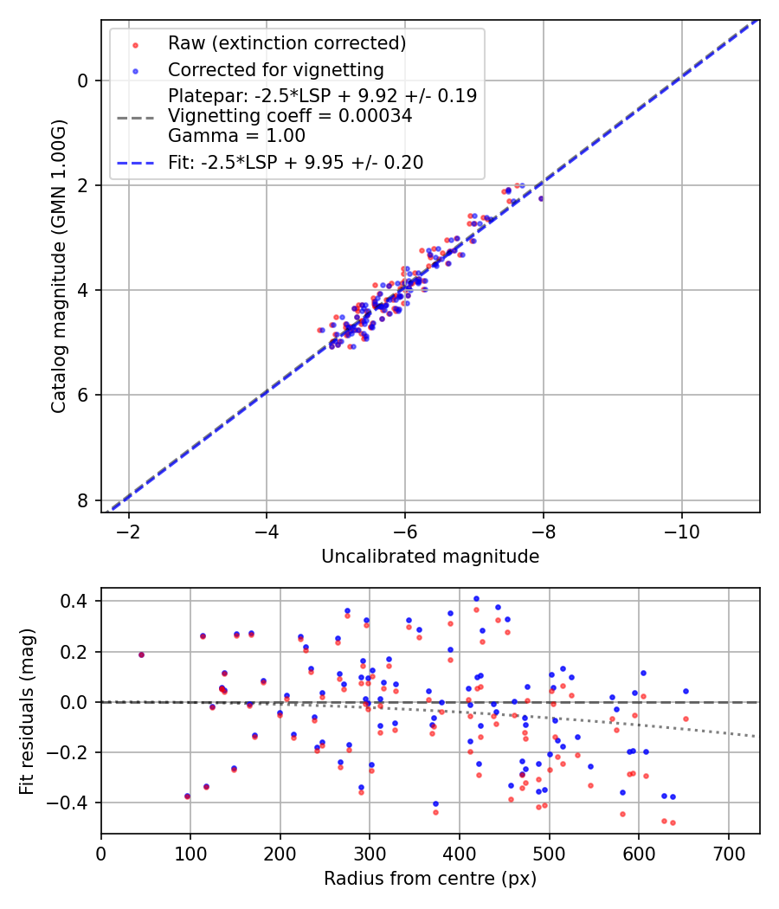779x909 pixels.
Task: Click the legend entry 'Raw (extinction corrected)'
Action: (x=286, y=43)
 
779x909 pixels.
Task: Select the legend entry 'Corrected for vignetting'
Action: (x=276, y=69)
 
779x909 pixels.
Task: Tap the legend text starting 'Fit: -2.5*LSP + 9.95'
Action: (x=296, y=162)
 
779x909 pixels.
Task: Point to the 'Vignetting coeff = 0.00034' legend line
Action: (x=290, y=115)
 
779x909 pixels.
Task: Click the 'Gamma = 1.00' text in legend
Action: (x=236, y=135)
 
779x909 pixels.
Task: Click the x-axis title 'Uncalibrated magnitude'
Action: (x=430, y=557)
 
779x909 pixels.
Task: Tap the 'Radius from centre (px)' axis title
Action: (x=430, y=879)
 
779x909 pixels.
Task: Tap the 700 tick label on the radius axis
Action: (x=728, y=852)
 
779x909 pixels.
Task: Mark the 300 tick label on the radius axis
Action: (x=370, y=852)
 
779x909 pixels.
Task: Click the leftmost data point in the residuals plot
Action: (x=141, y=654)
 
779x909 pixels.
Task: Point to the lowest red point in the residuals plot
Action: (x=673, y=822)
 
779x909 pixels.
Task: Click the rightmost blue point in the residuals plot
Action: (x=686, y=691)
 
